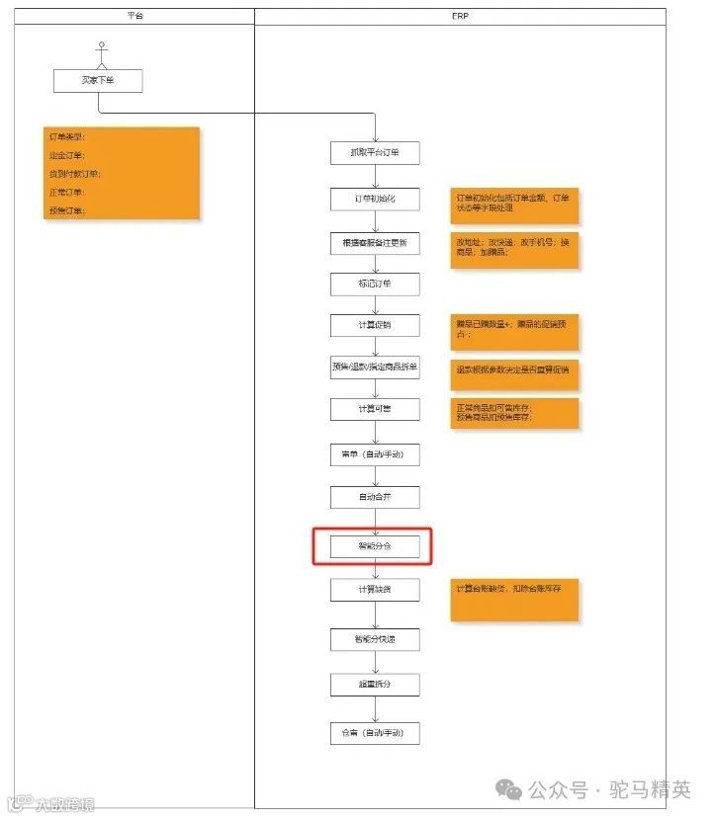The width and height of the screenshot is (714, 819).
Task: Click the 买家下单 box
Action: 98,80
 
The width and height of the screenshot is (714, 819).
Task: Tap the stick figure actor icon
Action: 99,51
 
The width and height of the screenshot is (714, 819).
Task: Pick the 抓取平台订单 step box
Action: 375,152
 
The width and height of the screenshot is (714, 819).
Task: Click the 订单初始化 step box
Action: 375,199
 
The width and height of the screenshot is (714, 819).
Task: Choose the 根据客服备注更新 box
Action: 375,243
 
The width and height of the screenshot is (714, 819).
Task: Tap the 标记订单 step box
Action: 375,285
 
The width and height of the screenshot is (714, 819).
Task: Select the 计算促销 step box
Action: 375,325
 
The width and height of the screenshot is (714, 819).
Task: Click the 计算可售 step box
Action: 375,409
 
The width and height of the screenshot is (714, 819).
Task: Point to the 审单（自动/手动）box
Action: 375,454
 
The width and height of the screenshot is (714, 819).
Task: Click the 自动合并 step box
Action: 375,497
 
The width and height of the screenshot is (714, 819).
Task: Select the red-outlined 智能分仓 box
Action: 375,545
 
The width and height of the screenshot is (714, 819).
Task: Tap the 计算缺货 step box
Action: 375,589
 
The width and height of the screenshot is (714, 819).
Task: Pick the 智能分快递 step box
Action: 375,639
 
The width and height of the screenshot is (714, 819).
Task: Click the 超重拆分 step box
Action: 375,684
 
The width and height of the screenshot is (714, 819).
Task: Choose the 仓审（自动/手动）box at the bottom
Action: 375,733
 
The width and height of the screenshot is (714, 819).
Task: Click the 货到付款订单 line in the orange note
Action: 74,174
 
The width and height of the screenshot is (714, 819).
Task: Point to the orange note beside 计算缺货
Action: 514,600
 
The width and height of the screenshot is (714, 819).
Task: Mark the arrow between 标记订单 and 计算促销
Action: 375,305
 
